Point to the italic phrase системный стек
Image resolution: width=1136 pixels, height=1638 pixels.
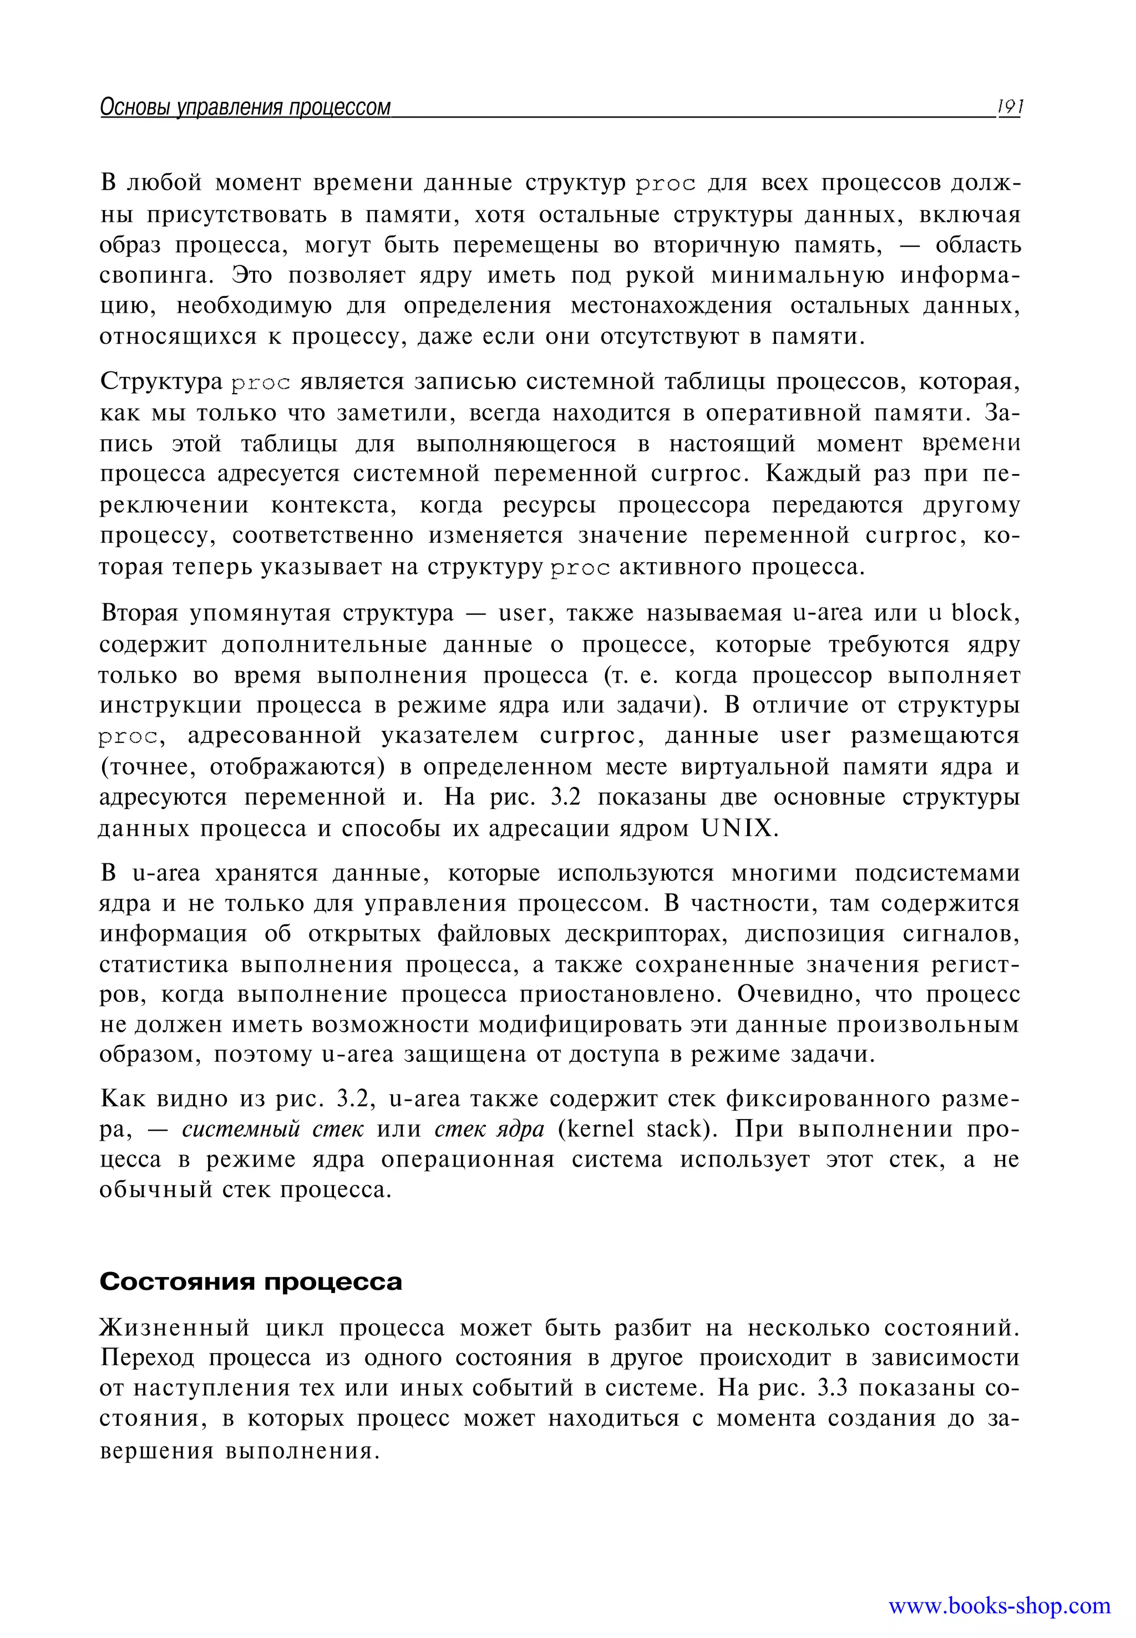(272, 1129)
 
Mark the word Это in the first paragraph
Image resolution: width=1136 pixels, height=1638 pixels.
(253, 276)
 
